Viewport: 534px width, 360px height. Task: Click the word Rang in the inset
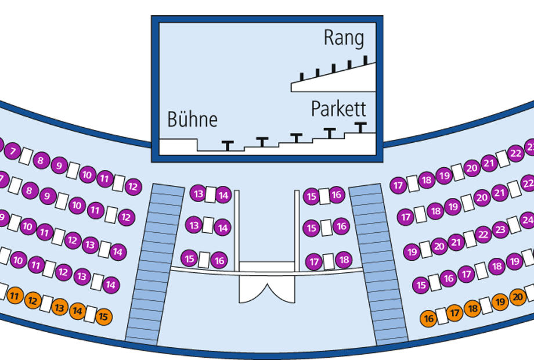click(344, 38)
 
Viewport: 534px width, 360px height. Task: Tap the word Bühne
click(193, 119)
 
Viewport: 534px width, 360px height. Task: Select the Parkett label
click(338, 109)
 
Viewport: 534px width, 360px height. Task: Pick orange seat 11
click(15, 296)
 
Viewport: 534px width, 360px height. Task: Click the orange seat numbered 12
click(33, 300)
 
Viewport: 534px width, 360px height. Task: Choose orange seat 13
click(60, 308)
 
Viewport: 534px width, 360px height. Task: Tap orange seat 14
click(77, 311)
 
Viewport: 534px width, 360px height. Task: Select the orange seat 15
click(103, 317)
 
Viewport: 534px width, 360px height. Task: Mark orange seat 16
click(428, 319)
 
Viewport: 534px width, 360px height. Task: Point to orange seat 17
click(454, 312)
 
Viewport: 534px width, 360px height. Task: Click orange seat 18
click(472, 308)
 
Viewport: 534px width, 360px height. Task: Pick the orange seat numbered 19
click(500, 302)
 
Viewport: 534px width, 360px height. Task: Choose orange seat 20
click(518, 297)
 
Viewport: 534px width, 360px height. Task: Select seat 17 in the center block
click(314, 261)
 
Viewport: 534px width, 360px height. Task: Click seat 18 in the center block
click(344, 260)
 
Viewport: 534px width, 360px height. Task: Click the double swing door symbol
click(267, 289)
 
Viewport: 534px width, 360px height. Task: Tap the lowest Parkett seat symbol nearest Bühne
click(228, 145)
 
